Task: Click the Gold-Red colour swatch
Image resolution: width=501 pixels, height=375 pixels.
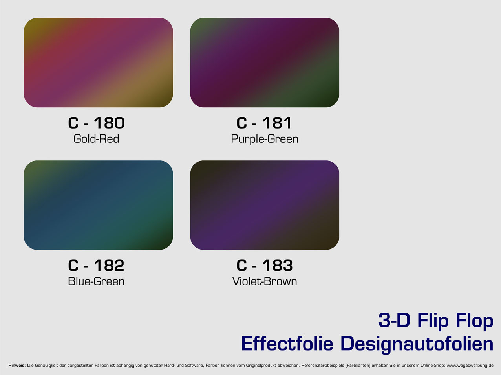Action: tap(99, 63)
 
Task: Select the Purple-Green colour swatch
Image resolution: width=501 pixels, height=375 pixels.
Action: tap(265, 63)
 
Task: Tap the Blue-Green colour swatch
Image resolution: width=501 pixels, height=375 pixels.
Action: tap(99, 205)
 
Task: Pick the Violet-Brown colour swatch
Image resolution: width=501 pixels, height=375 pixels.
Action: tap(265, 205)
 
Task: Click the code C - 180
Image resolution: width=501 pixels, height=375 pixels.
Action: tap(96, 123)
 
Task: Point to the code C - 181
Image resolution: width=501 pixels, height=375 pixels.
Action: tap(264, 123)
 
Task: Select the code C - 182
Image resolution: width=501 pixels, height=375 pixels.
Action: tap(96, 265)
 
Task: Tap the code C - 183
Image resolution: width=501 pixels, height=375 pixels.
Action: tap(265, 265)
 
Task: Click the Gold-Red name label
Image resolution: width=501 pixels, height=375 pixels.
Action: tap(96, 139)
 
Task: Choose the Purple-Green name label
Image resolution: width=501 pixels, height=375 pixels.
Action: tap(265, 139)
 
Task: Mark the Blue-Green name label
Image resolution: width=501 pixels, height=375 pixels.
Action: tap(96, 281)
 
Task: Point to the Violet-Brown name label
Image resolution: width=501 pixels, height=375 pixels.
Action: tap(265, 281)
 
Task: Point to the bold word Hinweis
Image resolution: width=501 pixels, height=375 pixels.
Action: tap(17, 366)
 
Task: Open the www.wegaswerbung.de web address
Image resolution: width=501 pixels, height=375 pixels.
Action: tap(470, 366)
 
